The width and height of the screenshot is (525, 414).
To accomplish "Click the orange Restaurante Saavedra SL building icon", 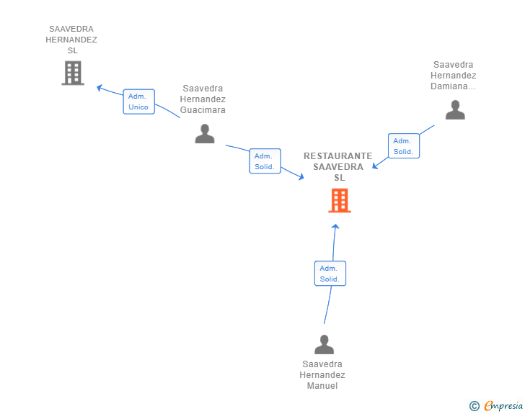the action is tap(340, 200).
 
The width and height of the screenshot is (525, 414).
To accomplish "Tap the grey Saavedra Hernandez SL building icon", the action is tap(73, 73).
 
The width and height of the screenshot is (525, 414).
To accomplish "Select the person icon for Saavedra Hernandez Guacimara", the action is tap(205, 133).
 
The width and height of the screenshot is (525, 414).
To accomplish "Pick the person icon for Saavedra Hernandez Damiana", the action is tap(455, 109).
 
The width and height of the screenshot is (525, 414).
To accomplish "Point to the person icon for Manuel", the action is tap(324, 344).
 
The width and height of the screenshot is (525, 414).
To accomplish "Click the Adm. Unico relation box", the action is tap(139, 102).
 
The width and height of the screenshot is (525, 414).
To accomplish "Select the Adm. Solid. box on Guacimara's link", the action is tap(265, 161).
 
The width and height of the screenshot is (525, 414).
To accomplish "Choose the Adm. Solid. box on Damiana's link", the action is tap(404, 146).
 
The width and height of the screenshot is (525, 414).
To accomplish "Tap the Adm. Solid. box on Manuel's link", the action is tap(330, 274).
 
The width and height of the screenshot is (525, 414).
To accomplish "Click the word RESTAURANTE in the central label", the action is tap(337, 156).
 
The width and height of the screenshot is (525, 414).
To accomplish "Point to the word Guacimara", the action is tap(203, 110).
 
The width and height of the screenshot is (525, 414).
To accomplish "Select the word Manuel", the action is tap(322, 386).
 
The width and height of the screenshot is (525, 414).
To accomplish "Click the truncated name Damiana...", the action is tap(453, 86).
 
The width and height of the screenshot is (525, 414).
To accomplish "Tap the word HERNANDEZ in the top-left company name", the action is tap(71, 40).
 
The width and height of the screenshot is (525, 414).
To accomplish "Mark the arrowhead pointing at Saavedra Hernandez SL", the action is tap(99, 88).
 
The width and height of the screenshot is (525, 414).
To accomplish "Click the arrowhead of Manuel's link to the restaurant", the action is tap(335, 226).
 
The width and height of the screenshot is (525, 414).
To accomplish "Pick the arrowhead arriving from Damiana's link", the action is tap(375, 166).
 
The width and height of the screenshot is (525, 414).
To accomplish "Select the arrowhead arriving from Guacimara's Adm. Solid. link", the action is tap(301, 177).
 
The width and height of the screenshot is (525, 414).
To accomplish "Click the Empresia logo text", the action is tap(503, 405).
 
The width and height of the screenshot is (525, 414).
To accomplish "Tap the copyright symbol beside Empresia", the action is tap(474, 406).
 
